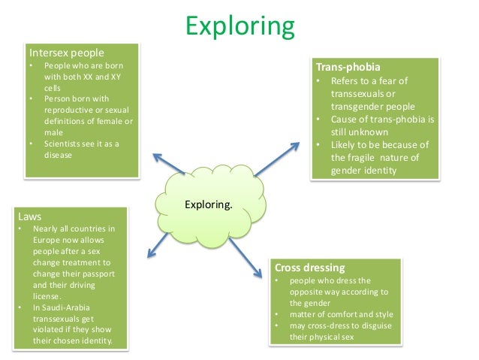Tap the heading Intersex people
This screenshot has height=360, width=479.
click(66, 53)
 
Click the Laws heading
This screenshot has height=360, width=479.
click(31, 216)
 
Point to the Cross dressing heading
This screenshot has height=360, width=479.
click(310, 267)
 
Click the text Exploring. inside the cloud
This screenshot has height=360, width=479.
click(208, 203)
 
